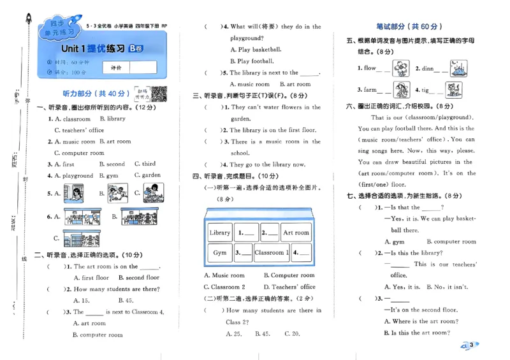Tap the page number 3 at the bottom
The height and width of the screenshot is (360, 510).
(471, 345)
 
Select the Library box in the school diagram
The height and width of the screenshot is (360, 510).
(220, 233)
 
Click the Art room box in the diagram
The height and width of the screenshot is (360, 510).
(296, 233)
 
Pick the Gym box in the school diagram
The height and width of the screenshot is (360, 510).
(220, 253)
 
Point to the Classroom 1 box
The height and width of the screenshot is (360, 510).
(272, 253)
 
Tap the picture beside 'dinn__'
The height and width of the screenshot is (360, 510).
(458, 68)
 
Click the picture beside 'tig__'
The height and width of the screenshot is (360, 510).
(453, 89)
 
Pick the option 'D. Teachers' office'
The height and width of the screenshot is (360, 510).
(289, 287)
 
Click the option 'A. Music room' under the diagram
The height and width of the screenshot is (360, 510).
(224, 275)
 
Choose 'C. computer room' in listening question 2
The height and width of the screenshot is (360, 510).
(79, 153)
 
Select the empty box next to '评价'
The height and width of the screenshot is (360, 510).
(143, 67)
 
